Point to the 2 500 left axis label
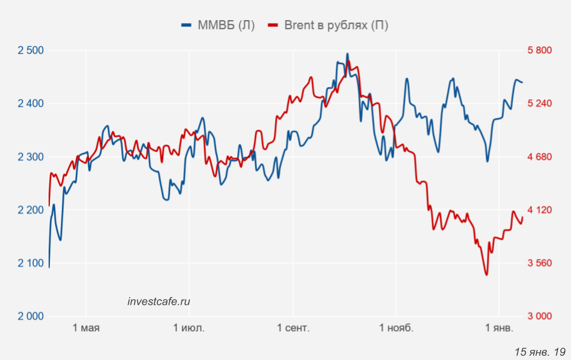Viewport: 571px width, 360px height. pos(31,50)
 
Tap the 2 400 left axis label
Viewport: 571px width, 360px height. pos(31,104)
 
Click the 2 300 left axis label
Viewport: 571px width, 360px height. pos(31,157)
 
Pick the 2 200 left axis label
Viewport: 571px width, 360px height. pos(31,210)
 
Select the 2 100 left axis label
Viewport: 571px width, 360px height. pos(31,263)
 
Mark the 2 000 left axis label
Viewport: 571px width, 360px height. pos(31,316)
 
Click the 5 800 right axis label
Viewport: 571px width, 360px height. pos(540,50)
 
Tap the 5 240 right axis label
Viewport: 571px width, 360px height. pos(540,104)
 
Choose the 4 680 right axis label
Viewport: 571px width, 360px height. pos(540,157)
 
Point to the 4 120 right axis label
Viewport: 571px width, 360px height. pos(540,210)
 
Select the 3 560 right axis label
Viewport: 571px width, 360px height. pos(540,263)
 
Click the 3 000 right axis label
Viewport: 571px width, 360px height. pos(540,316)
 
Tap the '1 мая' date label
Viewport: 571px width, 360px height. pos(86,329)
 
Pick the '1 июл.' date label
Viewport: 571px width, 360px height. pos(189,329)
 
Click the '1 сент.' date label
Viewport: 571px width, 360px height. pos(293,329)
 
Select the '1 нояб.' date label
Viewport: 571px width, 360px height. pos(395,329)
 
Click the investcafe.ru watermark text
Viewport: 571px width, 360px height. pos(159,301)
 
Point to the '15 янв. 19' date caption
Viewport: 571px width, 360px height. pos(540,352)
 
